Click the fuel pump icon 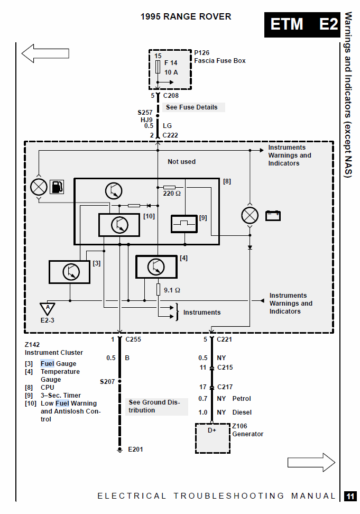57,187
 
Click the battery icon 273,216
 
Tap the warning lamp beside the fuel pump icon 39,187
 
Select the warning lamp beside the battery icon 250,215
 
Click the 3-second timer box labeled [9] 184,224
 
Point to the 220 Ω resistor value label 172,194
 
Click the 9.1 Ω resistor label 172,290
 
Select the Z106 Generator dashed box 213,438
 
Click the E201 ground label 135,449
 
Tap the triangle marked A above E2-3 48,309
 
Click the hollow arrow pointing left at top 45,53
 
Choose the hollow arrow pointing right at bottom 311,463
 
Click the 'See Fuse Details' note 191,107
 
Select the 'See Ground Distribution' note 156,406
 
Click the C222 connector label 170,135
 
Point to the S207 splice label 107,382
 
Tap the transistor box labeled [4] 156,267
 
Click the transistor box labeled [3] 69,272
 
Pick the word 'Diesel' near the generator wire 242,412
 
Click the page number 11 350,496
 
